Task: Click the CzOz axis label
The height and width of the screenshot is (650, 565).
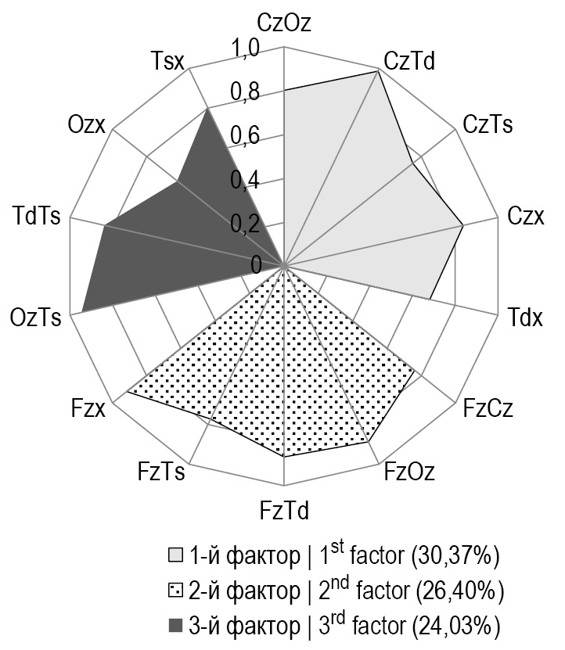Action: [283, 22]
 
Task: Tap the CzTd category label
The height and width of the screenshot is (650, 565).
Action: [411, 61]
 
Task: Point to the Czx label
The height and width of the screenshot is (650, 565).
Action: [525, 215]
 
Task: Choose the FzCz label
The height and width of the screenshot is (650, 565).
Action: [488, 408]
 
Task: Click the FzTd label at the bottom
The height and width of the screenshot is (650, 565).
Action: [283, 511]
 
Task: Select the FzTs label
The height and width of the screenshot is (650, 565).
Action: [161, 472]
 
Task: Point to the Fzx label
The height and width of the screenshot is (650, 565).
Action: [90, 408]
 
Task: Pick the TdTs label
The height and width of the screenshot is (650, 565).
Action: [38, 215]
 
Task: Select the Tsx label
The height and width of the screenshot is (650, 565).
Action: [165, 61]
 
